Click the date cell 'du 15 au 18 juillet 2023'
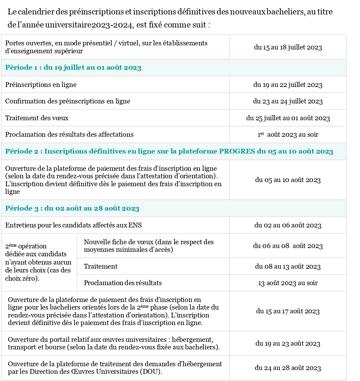(x=288, y=47)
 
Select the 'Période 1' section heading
(x=73, y=68)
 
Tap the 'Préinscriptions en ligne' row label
(x=41, y=85)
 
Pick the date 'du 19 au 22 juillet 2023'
(x=288, y=85)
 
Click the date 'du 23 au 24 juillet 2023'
(x=288, y=101)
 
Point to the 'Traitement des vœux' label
(x=37, y=118)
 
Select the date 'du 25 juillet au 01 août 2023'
(x=288, y=118)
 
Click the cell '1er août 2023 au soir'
(x=288, y=135)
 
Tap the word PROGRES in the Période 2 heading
(x=237, y=152)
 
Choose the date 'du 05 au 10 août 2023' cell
(x=288, y=180)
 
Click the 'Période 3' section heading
(x=72, y=209)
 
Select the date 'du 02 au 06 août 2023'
(x=288, y=225)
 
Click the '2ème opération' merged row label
(x=39, y=262)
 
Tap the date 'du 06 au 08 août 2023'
(x=288, y=246)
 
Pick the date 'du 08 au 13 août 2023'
(x=288, y=267)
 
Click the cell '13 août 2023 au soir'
(x=288, y=283)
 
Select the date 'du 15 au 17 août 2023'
(x=288, y=311)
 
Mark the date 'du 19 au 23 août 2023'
(x=288, y=344)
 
